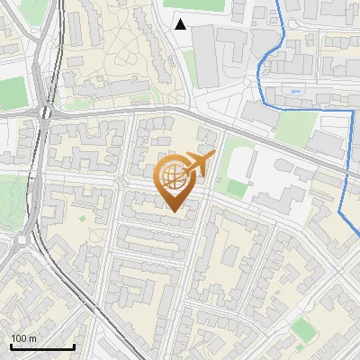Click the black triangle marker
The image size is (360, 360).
(181, 24)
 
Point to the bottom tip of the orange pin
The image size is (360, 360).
(174, 211)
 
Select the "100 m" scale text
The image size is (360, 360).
(24, 337)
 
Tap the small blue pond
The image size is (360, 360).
(296, 91)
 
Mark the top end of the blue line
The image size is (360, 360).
(275, 2)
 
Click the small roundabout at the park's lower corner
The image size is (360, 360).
(20, 241)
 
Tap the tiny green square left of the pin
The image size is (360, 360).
(83, 218)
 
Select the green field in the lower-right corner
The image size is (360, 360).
(305, 331)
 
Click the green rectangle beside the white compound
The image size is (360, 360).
(236, 188)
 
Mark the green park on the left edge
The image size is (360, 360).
(11, 198)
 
